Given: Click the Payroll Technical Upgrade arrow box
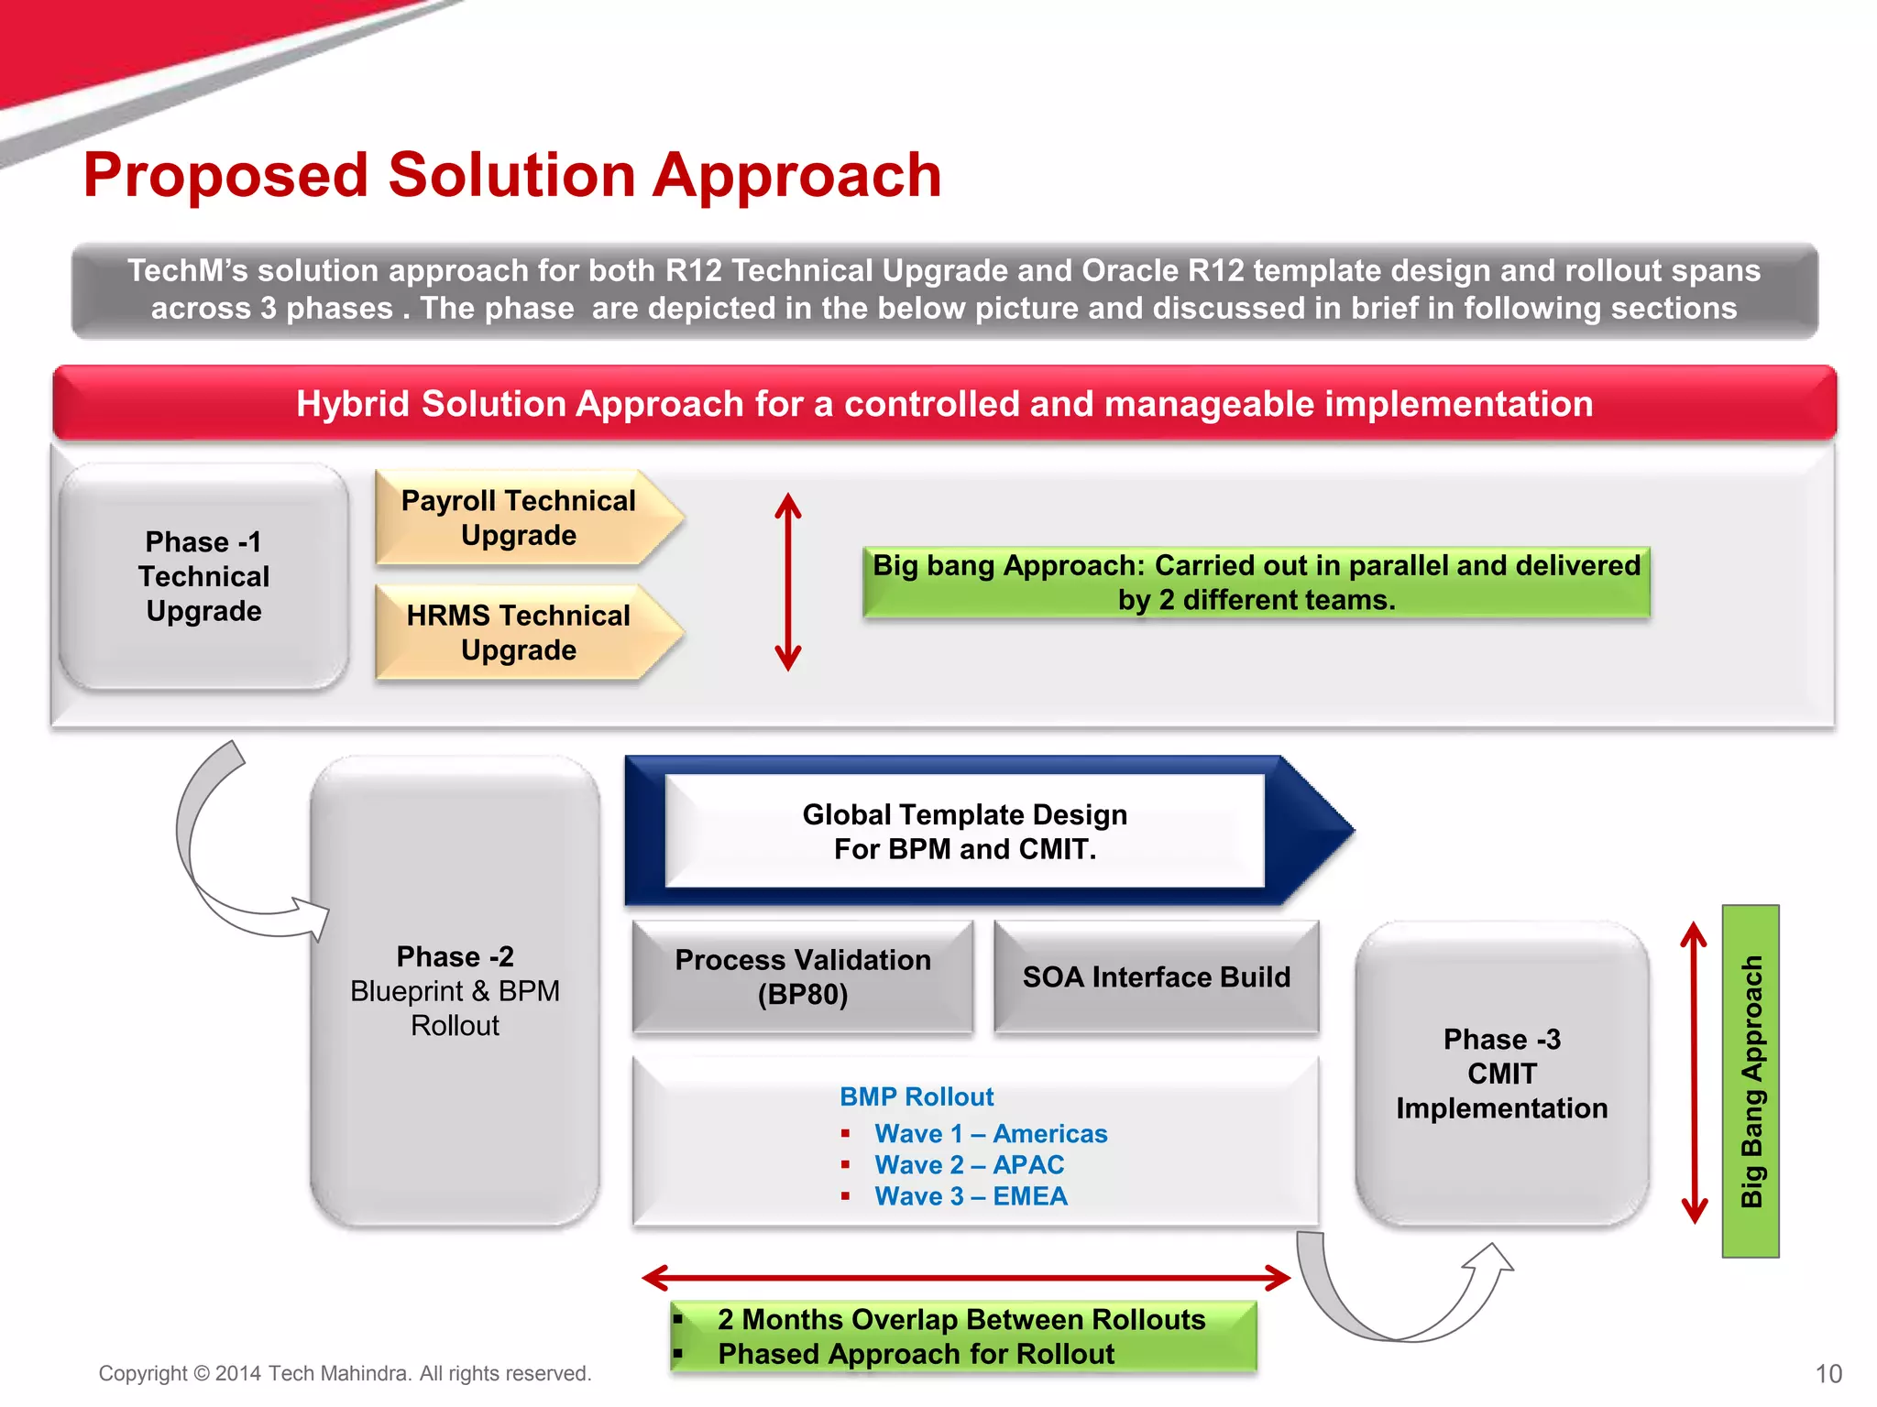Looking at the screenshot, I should pyautogui.click(x=520, y=518).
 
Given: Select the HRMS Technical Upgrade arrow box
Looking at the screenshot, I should pyautogui.click(x=520, y=632).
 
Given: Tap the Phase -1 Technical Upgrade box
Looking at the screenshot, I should pyautogui.click(x=203, y=576).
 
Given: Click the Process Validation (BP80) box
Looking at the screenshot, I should pyautogui.click(x=802, y=976).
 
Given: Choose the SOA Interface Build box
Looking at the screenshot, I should pyautogui.click(x=1156, y=976).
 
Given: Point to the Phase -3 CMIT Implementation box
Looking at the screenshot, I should pyautogui.click(x=1501, y=1074).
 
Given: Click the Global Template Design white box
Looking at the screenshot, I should pyautogui.click(x=964, y=831).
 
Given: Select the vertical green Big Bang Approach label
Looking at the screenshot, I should pyautogui.click(x=1751, y=1081).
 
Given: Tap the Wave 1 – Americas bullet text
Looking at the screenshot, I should pyautogui.click(x=991, y=1134).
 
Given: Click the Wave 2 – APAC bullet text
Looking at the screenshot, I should pyautogui.click(x=969, y=1165).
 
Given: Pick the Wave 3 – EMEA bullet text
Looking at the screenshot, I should pyautogui.click(x=971, y=1196).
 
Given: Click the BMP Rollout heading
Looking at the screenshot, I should pyautogui.click(x=917, y=1096).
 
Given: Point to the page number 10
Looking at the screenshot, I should pyautogui.click(x=1828, y=1374).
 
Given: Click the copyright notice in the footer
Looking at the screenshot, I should pyautogui.click(x=345, y=1373).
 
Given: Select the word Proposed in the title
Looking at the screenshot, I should pyautogui.click(x=225, y=175).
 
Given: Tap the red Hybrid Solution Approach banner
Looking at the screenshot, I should pyautogui.click(x=944, y=403).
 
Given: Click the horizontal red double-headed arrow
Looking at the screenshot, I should pyautogui.click(x=966, y=1277).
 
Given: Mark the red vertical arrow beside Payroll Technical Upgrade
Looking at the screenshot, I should pyautogui.click(x=788, y=582).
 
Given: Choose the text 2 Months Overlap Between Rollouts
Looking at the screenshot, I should pyautogui.click(x=961, y=1319).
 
